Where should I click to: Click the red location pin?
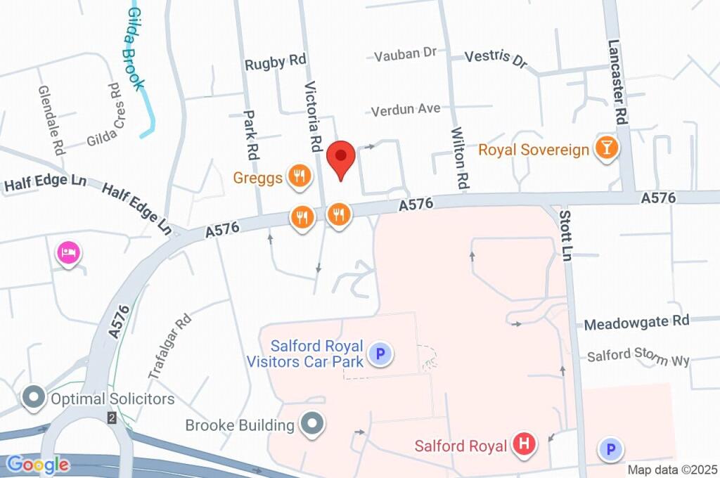(342, 159)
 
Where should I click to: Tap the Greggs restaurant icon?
(300, 176)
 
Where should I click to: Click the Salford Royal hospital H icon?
(524, 444)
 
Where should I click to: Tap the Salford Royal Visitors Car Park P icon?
(380, 354)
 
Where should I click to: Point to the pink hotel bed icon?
(67, 252)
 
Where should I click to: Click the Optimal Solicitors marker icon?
(33, 398)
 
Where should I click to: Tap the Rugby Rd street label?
(275, 63)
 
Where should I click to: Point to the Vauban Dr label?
(406, 54)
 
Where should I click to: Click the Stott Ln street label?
(564, 234)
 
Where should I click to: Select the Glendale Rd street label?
(52, 120)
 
